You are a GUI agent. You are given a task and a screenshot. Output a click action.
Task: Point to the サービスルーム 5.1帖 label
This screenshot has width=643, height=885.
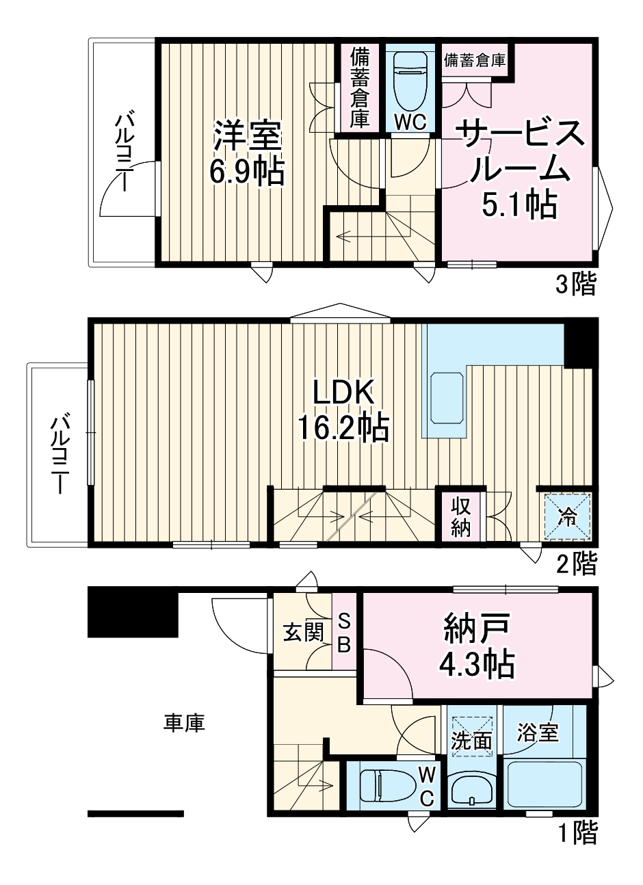point(521,169)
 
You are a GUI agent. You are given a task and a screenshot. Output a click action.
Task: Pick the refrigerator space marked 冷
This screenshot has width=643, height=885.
point(568,516)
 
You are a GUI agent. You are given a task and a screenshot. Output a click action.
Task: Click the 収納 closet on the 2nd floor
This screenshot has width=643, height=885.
point(460,516)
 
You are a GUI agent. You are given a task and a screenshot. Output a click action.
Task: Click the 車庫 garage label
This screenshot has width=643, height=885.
point(184,723)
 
